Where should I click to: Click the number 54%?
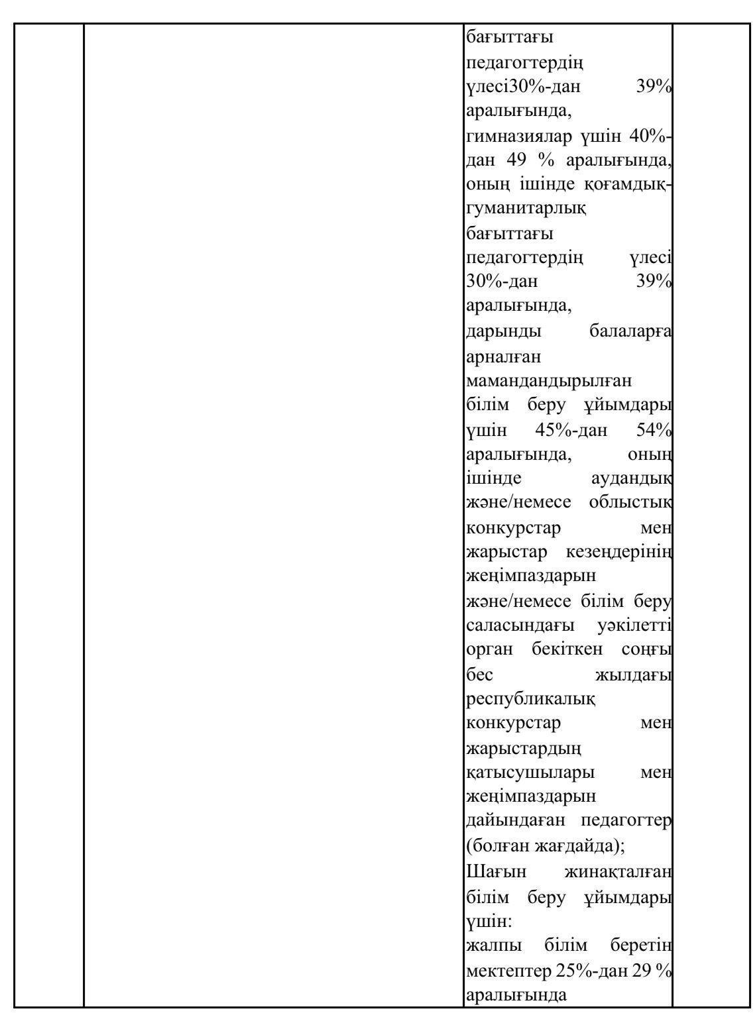[x=654, y=431]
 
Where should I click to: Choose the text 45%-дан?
[x=571, y=431]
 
